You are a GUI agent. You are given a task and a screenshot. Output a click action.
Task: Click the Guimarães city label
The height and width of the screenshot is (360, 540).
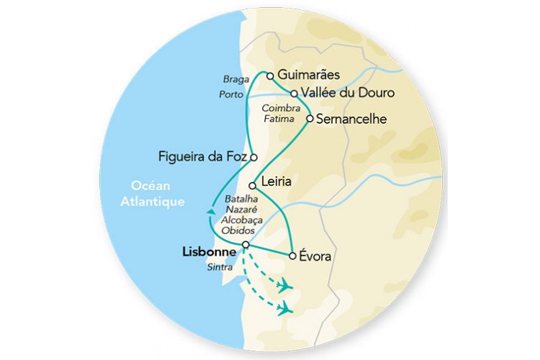308,75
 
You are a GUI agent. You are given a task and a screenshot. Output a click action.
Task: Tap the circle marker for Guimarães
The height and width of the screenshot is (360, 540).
270,75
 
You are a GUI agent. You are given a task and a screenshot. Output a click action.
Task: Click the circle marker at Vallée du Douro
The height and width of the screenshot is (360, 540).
294,93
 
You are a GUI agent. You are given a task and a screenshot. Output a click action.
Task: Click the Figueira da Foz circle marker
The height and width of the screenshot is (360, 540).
253,156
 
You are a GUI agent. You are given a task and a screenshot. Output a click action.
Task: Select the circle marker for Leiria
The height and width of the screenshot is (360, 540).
252,185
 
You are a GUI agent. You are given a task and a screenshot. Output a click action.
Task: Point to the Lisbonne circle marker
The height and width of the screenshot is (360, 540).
246,245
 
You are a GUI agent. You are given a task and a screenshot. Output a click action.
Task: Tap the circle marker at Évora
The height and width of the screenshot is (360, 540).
292,256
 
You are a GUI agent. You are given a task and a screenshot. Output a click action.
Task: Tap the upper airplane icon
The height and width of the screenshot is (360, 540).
285,286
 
